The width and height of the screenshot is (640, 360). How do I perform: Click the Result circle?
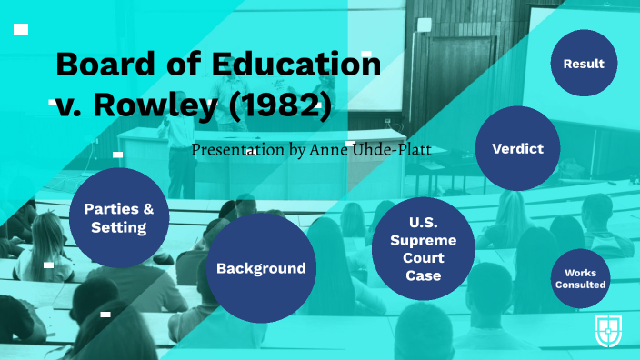pos(584,64)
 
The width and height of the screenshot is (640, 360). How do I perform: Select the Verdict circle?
pos(517,147)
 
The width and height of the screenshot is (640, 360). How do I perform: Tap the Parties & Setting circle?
pos(118,217)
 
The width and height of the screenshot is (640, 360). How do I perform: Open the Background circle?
pos(260,268)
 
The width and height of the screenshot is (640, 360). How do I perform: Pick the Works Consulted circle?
pos(580,278)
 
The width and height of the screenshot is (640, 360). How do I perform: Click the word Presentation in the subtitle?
pos(235,149)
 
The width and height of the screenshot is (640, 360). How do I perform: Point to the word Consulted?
pos(580,285)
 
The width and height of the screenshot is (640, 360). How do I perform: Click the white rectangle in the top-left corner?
pos(21,30)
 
